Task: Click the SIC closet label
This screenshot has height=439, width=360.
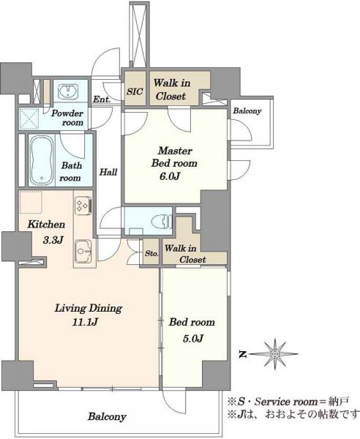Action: pos(135,91)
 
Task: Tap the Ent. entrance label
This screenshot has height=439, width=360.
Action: pos(102,99)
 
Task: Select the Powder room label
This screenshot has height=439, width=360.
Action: pos(67,118)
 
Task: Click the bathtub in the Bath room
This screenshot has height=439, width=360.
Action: pos(42,161)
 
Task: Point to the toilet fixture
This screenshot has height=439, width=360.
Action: pos(161,221)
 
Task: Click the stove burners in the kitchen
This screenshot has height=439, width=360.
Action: pos(83,206)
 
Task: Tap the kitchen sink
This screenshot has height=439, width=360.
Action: pos(83,251)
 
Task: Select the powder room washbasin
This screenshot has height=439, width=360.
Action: pos(67,91)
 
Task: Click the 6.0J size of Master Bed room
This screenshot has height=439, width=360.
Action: pos(169,176)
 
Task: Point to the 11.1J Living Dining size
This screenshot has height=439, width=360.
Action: pos(85,322)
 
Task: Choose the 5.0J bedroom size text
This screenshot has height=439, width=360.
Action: pos(193,339)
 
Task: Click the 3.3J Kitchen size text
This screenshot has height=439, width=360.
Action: pos(53,240)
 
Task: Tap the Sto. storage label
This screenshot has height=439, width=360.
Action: pos(151,254)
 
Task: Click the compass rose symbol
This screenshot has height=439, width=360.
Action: pos(275,354)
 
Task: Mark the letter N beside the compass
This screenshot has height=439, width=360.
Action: pos(243,355)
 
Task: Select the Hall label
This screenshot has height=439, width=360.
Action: pos(108,172)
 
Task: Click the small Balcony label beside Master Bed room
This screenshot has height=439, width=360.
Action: pos(247,111)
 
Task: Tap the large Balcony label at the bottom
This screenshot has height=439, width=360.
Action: pos(107,416)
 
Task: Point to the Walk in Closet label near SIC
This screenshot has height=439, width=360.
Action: pos(171,89)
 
